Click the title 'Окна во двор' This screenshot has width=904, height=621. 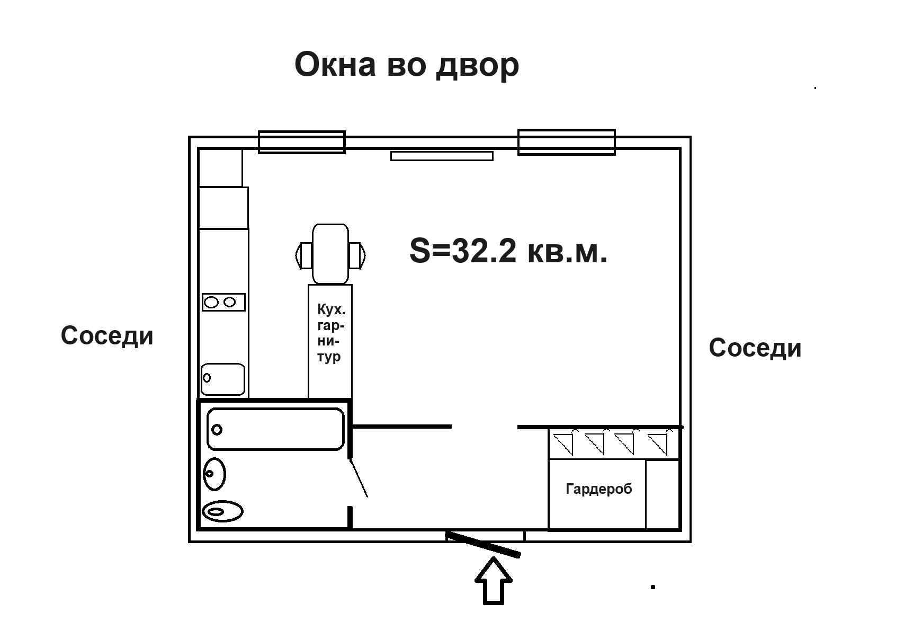coord(406,66)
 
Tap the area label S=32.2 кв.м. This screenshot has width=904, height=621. coord(508,251)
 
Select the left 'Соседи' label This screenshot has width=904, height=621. coord(107,335)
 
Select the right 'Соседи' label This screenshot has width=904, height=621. coord(755,348)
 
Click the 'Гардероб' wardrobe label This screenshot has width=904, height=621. coord(598,489)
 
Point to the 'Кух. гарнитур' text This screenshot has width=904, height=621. coord(330,333)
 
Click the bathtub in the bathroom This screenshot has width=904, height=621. coord(275,429)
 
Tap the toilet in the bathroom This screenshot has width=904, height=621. coord(223,511)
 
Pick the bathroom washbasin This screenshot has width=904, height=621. coord(214,473)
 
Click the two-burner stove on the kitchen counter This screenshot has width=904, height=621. coord(223,302)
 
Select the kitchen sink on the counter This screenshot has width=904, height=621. coord(223,378)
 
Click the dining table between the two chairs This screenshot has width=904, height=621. coord(330,254)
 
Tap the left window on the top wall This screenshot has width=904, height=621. coord(301,142)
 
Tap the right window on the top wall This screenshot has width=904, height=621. coord(566,142)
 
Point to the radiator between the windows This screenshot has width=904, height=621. coord(442,156)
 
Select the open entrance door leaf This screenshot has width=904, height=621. coord(484,544)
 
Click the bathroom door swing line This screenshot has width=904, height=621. coord(358,478)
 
